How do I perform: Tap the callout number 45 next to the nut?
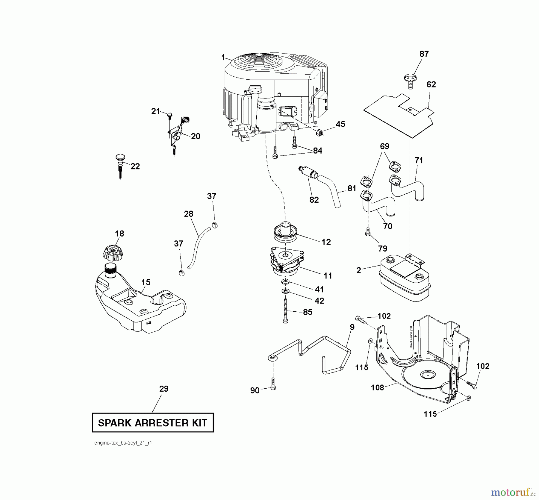(340, 124)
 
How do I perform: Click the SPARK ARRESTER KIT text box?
(153, 422)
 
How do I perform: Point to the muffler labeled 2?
(405, 278)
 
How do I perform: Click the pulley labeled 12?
(286, 233)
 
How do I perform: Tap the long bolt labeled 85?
(285, 312)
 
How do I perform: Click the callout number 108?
(377, 387)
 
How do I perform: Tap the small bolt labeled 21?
(169, 115)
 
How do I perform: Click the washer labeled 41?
(285, 281)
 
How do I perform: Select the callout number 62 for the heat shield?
(431, 84)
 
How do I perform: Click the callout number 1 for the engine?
(223, 57)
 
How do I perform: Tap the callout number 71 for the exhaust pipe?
(419, 160)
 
